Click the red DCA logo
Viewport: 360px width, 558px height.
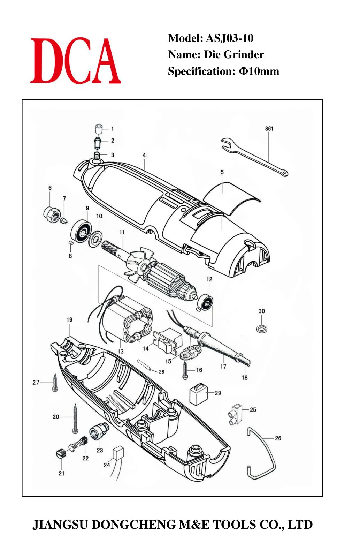pos(75,60)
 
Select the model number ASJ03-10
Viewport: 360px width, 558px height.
pos(230,38)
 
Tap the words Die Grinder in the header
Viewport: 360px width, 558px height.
pos(234,54)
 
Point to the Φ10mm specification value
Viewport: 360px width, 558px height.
pos(259,71)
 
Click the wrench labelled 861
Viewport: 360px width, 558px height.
pos(255,157)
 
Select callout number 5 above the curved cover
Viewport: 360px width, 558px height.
pos(222,172)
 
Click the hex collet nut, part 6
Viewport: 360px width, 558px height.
pos(52,215)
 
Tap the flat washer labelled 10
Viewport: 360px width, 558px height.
pos(96,238)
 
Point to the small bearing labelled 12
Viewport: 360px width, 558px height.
pos(206,302)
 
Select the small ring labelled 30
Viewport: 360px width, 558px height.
pos(262,329)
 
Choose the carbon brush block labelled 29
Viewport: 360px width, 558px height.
pos(198,394)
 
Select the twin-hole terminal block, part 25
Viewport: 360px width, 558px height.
pos(235,415)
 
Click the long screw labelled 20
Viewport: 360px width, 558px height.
pos(75,418)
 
